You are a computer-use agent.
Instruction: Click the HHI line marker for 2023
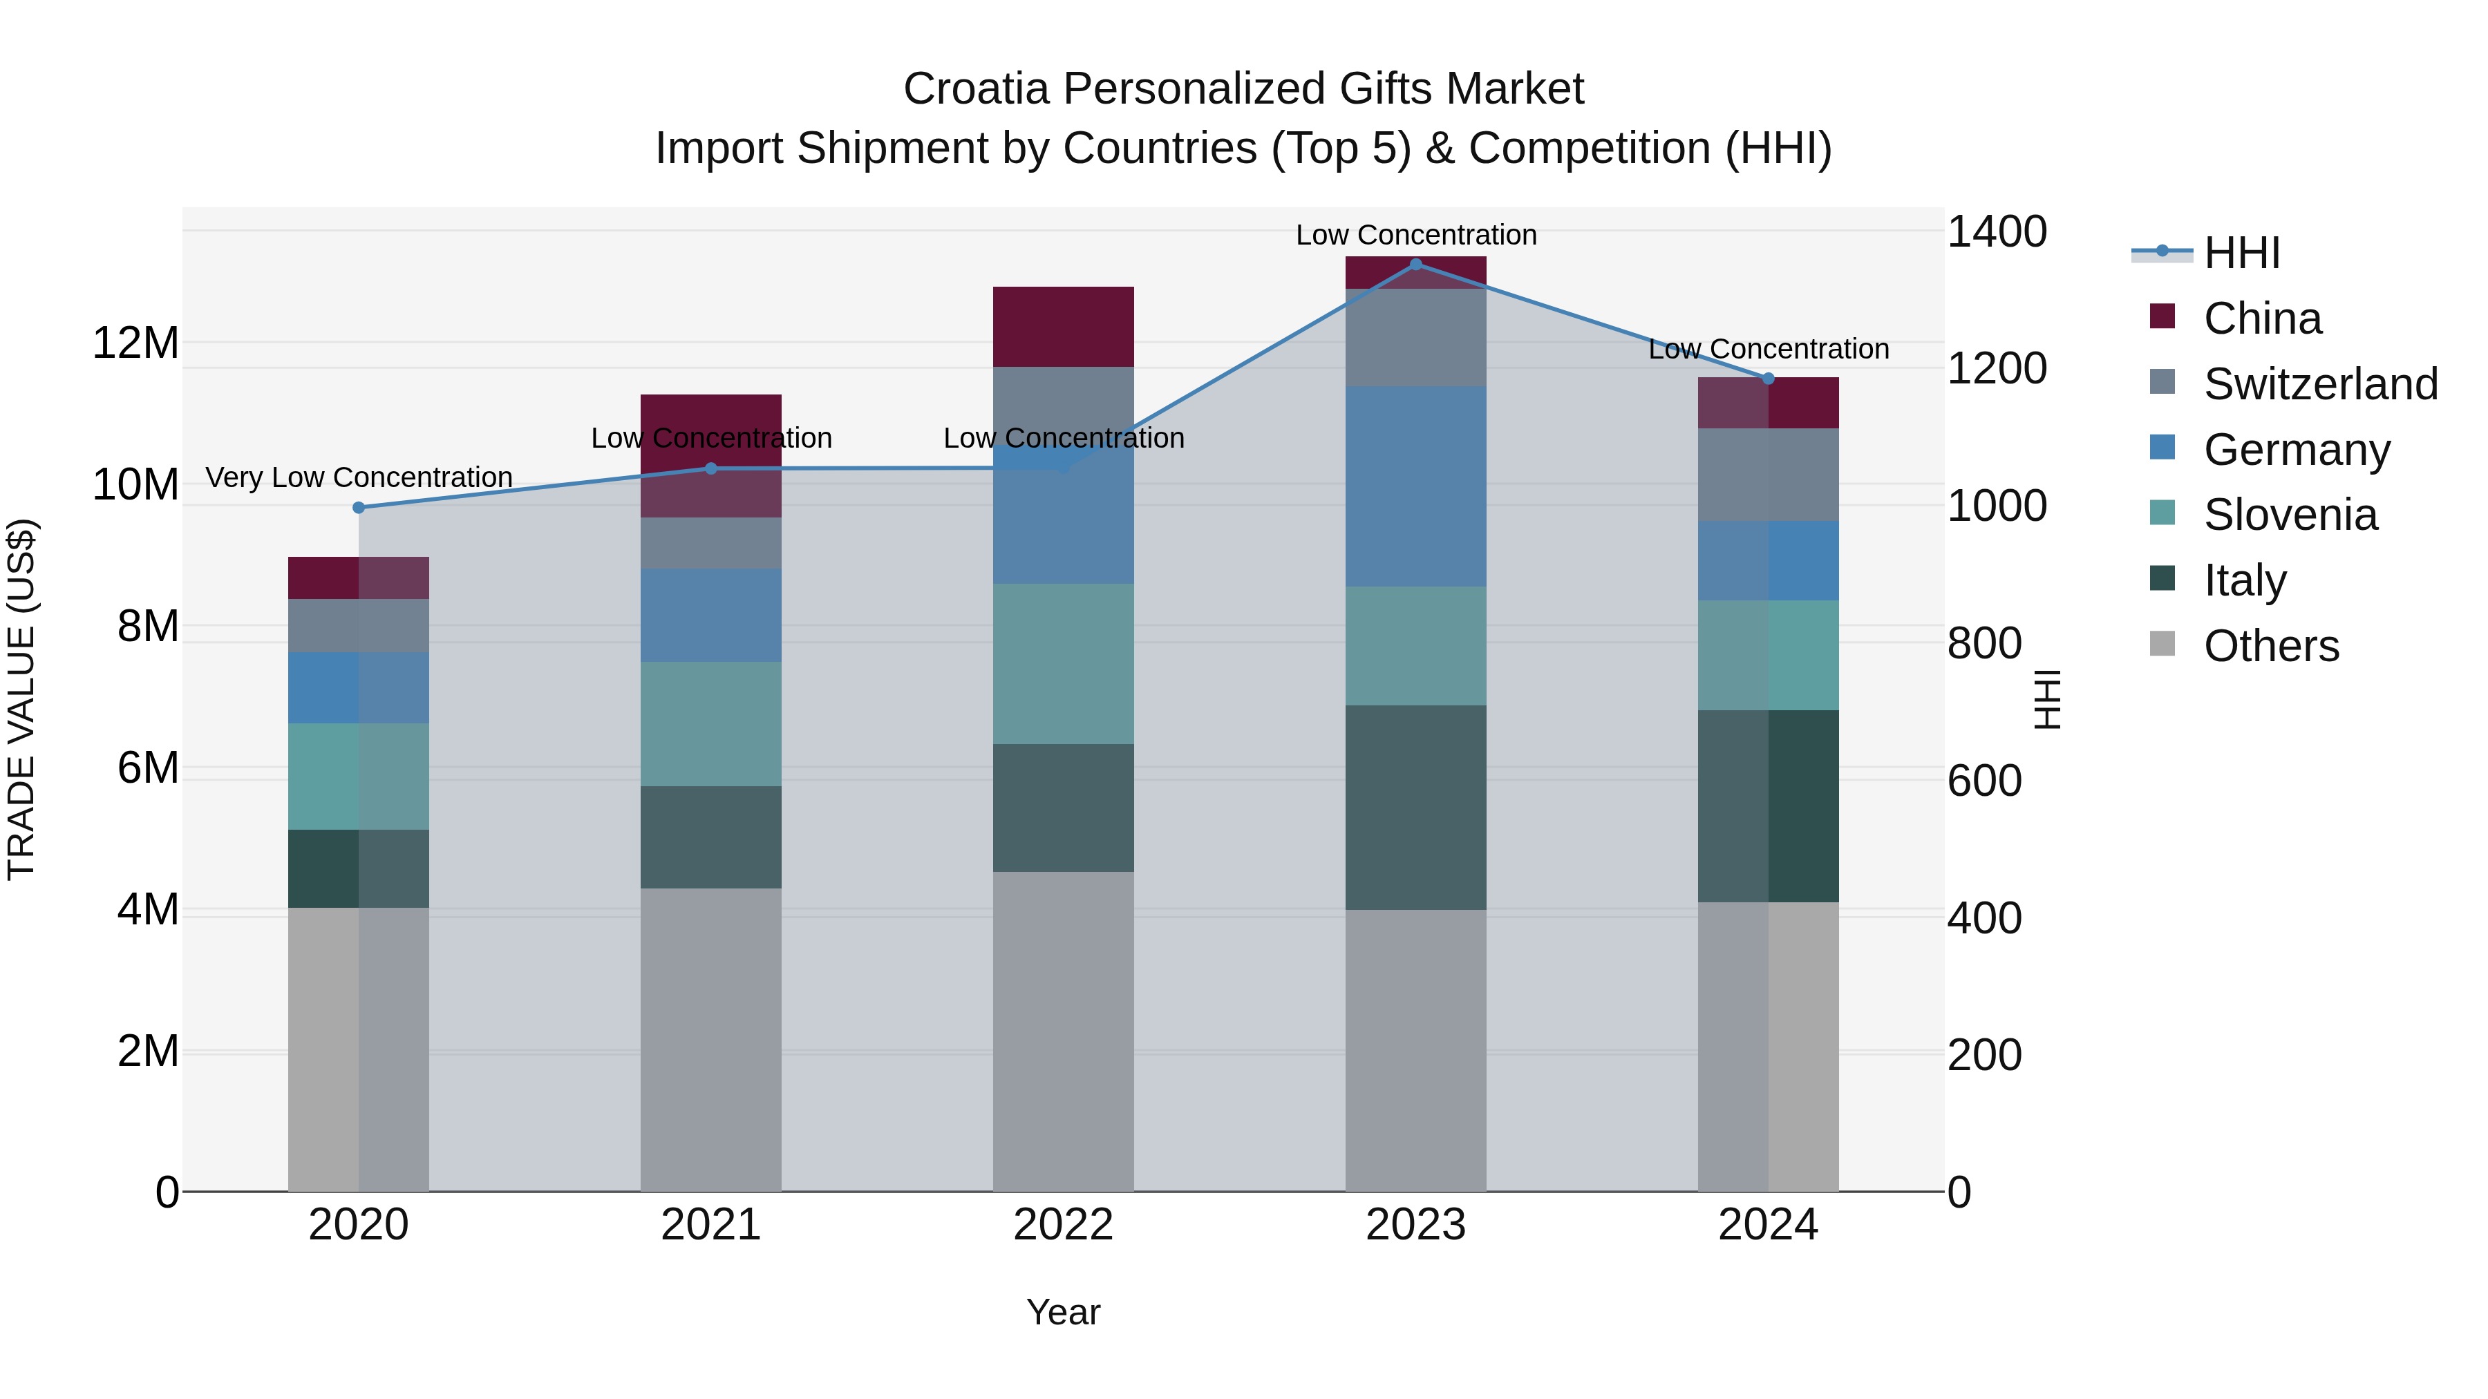[1416, 264]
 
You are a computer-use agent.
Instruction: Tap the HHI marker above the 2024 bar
[1769, 379]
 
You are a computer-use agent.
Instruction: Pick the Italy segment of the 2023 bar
[1416, 807]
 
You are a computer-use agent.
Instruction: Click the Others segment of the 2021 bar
[711, 1040]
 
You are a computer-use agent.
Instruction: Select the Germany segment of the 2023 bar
[1416, 486]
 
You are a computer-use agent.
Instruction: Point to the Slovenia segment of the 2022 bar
[1064, 663]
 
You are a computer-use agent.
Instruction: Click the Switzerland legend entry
[2320, 384]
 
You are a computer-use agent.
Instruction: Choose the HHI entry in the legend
[2241, 253]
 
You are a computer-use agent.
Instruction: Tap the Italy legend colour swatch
[2162, 580]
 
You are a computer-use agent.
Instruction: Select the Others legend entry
[2271, 646]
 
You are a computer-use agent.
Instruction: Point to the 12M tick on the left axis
[135, 344]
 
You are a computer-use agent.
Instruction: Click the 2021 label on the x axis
[711, 1225]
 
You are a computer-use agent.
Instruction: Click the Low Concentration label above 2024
[1769, 349]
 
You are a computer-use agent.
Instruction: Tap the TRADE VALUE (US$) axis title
[21, 699]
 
